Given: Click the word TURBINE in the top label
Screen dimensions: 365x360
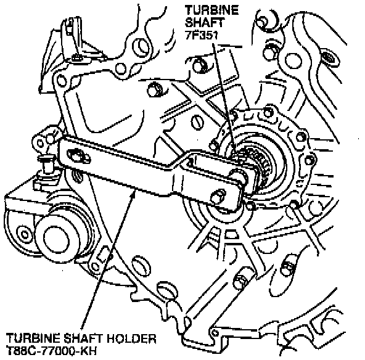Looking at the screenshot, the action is click(211, 10).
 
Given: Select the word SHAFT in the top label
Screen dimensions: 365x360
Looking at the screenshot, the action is click(205, 23).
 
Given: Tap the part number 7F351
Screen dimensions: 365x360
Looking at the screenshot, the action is click(202, 35).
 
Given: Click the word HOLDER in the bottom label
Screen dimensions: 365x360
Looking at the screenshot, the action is click(131, 338).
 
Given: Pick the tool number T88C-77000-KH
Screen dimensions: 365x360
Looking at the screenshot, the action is click(51, 351).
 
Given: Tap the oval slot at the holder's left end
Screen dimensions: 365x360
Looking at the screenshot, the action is click(76, 156).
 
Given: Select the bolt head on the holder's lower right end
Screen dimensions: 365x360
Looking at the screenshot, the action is click(218, 196).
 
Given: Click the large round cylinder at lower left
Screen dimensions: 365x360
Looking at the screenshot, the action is click(56, 240).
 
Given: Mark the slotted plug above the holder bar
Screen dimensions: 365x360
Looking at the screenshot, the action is click(197, 122).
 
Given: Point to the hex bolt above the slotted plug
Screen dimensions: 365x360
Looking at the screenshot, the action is click(155, 89).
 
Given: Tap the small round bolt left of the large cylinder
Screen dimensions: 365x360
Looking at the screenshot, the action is click(24, 234).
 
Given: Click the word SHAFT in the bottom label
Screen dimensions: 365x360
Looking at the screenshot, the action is click(84, 338).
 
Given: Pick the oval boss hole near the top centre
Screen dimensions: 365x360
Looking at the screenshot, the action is click(141, 47).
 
